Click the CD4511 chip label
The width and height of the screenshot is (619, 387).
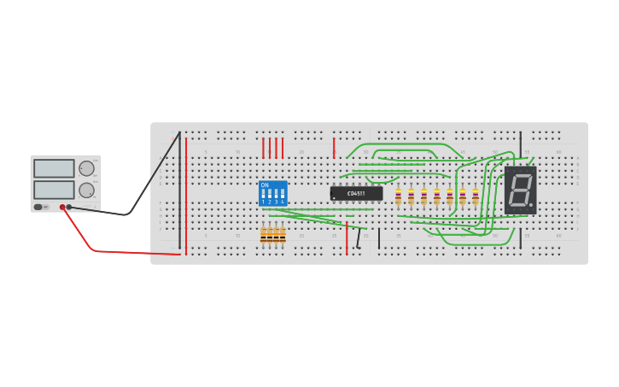pos(356,193)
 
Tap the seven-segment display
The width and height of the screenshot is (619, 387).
pos(520,190)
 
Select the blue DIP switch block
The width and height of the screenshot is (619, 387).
pos(272,193)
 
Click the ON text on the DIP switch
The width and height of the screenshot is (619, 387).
pos(265,185)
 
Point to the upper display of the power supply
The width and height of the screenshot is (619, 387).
pos(55,168)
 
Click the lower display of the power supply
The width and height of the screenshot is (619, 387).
pos(55,189)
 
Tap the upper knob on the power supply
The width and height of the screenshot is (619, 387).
pos(86,168)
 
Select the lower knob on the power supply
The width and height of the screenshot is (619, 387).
pos(86,190)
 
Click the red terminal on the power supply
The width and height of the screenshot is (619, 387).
pos(62,207)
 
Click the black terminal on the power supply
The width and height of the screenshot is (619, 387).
pos(69,207)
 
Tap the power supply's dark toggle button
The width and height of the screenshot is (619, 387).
pos(38,207)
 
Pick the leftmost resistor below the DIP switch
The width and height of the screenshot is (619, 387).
pos(264,236)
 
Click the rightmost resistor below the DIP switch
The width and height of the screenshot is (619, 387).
pos(283,236)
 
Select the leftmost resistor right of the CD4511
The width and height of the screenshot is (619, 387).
pos(398,197)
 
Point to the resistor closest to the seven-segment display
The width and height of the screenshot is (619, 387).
pos(476,197)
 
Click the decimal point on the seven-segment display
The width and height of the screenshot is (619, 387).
pos(531,205)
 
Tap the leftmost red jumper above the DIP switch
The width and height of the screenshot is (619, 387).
pos(263,148)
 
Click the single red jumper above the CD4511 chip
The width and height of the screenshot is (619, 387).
pos(334,148)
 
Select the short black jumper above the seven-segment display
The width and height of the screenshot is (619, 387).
pos(520,143)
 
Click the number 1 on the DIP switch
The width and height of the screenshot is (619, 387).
pos(263,202)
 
